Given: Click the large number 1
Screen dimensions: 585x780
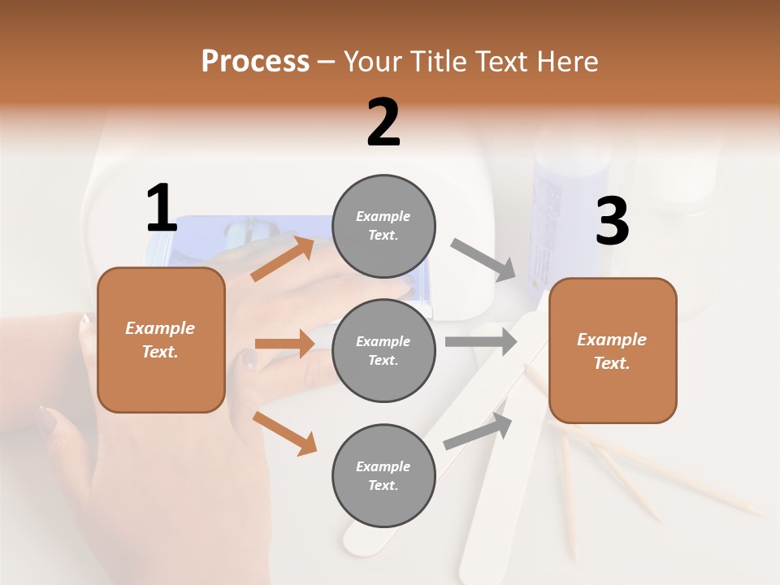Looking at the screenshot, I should [x=162, y=209].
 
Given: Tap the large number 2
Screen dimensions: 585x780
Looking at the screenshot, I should [x=383, y=123].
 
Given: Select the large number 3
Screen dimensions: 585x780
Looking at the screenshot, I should [x=612, y=222].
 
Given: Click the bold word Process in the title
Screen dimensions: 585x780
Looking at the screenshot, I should [x=255, y=61].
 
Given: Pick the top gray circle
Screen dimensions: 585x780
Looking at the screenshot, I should [x=383, y=226].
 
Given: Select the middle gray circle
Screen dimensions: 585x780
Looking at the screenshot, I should [x=383, y=350].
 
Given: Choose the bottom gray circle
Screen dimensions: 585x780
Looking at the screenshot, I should [x=383, y=475].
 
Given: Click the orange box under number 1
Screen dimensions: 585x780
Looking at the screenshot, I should [x=161, y=340].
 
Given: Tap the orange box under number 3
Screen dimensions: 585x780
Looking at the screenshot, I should [x=613, y=350].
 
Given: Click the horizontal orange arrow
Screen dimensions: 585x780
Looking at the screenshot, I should [x=284, y=344].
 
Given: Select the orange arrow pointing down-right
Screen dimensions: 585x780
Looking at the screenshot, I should [x=285, y=433].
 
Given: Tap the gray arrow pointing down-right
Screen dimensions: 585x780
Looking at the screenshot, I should [x=483, y=260].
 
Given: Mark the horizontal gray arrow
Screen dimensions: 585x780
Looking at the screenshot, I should [x=481, y=341].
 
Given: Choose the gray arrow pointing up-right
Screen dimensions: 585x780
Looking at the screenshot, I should [x=478, y=431].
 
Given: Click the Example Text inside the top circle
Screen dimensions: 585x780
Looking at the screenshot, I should [x=383, y=226].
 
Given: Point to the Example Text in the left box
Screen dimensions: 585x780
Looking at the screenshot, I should [x=160, y=340].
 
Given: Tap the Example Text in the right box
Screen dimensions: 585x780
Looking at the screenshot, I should [x=612, y=351].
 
